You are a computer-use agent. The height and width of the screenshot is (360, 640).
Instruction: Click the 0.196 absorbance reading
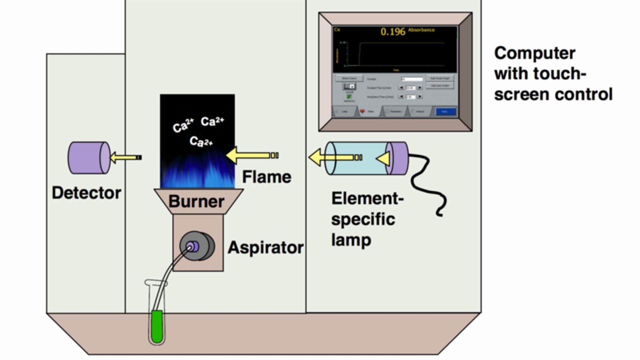pyautogui.click(x=393, y=32)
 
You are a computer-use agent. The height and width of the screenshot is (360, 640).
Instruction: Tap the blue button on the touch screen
pyautogui.click(x=445, y=111)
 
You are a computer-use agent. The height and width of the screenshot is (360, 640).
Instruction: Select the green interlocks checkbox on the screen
pyautogui.click(x=349, y=97)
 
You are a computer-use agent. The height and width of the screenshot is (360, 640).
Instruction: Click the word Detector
pyautogui.click(x=86, y=193)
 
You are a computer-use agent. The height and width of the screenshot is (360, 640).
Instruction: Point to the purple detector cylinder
pyautogui.click(x=89, y=158)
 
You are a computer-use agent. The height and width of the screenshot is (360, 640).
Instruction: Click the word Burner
pyautogui.click(x=196, y=201)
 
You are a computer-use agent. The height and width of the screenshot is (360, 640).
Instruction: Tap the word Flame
pyautogui.click(x=266, y=177)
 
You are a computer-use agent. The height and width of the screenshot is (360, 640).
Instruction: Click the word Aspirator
pyautogui.click(x=265, y=247)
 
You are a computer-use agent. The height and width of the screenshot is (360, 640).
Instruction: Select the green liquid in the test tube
pyautogui.click(x=157, y=327)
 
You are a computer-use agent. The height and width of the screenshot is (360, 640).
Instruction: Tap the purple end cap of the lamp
pyautogui.click(x=398, y=158)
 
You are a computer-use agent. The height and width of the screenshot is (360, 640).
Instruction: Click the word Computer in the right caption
pyautogui.click(x=534, y=53)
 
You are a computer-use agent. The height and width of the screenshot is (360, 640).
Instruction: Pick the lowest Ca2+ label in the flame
pyautogui.click(x=201, y=142)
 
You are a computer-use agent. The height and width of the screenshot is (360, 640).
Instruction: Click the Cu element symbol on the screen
pyautogui.click(x=337, y=30)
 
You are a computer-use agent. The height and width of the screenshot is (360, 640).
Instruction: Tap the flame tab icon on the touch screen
pyautogui.click(x=362, y=111)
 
